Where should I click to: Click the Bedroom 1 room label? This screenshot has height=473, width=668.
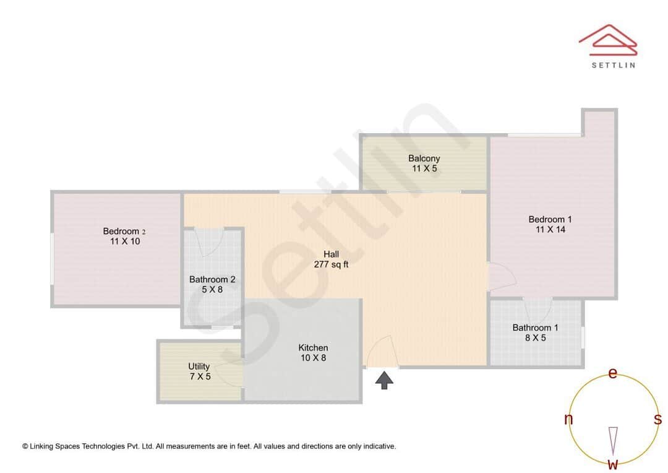click(550, 219)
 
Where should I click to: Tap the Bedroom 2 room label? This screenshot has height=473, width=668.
click(124, 232)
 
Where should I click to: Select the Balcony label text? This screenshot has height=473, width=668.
click(424, 158)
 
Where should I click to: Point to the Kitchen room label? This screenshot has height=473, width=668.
click(313, 347)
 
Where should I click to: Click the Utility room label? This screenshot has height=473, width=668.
click(199, 367)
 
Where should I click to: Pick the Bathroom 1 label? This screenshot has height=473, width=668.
click(535, 328)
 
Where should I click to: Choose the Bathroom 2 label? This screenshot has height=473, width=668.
click(212, 279)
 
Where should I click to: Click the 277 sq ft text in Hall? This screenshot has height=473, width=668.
click(331, 264)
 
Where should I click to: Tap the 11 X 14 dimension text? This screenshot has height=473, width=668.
click(550, 230)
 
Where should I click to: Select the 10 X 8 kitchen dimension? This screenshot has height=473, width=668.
click(313, 357)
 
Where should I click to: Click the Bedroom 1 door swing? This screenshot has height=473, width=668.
click(502, 276)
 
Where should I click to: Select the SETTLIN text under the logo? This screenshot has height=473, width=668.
click(613, 64)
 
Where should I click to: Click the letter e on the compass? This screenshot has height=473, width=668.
click(613, 373)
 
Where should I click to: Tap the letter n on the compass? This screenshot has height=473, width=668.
click(568, 420)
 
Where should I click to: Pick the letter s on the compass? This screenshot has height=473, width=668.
click(657, 419)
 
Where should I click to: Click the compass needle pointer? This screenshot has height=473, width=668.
click(613, 439)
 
